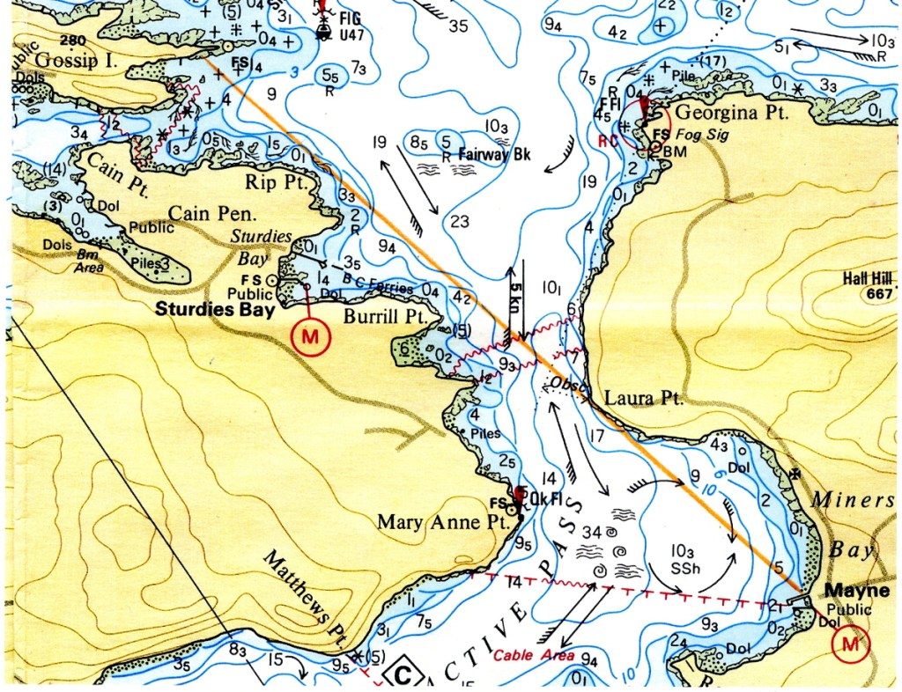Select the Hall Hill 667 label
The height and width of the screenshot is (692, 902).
[x=869, y=285]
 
